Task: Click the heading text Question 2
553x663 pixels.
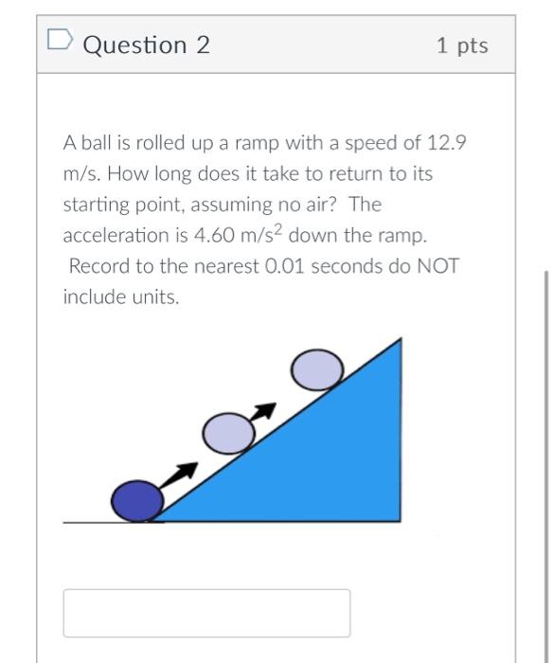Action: point(147,45)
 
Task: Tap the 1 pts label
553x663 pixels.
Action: point(462,45)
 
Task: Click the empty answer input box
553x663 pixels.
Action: point(206,613)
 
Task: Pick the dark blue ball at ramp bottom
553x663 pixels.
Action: point(136,500)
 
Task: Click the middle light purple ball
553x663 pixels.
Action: point(228,433)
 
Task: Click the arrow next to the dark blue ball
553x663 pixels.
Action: point(181,473)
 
